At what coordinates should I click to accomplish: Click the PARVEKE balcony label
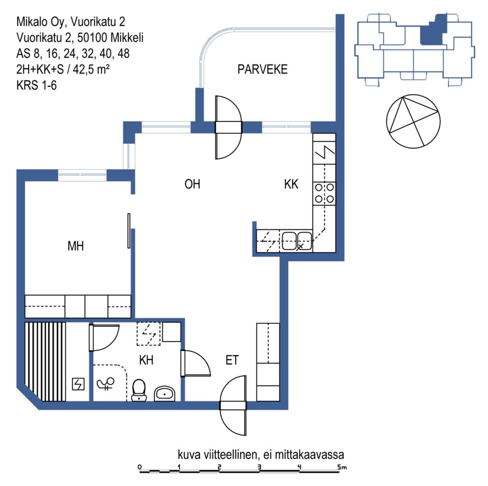pos(263,70)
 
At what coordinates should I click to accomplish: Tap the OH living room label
pos(192,184)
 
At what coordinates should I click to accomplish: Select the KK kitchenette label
pos(291,184)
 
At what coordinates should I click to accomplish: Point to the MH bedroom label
pos(76,246)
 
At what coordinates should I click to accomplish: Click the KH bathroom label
pos(146,360)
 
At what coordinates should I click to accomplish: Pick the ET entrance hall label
pos(232,360)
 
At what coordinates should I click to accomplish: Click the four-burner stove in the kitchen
pos(324,193)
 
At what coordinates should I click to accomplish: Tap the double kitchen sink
pos(296,241)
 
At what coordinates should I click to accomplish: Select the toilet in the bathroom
pos(139,390)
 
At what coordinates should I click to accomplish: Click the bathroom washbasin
pos(165,394)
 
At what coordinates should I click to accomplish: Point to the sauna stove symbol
pos(78,384)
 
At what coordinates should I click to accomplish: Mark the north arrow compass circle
pos(413,121)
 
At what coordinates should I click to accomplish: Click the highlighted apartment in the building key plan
pos(433,30)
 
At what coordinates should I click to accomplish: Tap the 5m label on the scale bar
pos(342,467)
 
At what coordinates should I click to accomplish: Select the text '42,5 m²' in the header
pos(91,70)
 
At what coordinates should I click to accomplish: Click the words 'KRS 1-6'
pos(36,85)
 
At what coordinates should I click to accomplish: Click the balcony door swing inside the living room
pos(228,146)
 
